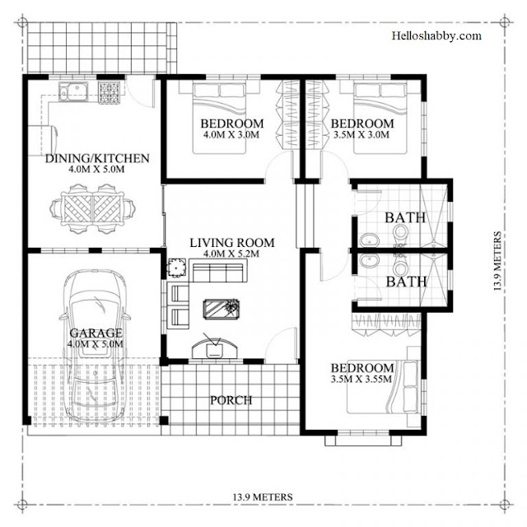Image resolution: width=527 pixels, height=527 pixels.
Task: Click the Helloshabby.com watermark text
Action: tap(436, 35)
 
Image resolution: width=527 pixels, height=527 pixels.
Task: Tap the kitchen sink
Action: tap(73, 91)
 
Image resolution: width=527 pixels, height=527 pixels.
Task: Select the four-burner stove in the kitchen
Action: tap(109, 92)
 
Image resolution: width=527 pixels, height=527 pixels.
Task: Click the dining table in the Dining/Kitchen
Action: tap(92, 208)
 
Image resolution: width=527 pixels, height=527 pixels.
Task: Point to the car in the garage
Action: tap(96, 346)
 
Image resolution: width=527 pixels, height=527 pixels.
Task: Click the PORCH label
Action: tap(231, 400)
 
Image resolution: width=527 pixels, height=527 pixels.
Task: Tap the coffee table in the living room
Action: tap(222, 309)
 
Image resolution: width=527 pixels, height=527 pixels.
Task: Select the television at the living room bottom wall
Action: tap(214, 348)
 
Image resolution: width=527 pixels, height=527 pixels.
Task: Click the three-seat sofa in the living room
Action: tap(217, 270)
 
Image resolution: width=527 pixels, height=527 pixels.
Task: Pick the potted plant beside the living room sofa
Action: tap(177, 268)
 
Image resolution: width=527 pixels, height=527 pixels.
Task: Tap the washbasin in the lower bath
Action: tap(370, 260)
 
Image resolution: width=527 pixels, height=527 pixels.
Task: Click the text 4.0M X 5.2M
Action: tap(231, 254)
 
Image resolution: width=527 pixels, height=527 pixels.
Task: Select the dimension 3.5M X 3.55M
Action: tap(361, 379)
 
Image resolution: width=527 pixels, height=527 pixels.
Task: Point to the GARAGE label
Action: tap(96, 333)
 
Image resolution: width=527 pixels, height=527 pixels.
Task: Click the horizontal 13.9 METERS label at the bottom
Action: tap(263, 497)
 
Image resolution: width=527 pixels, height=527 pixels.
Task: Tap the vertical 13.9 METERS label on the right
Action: tap(497, 261)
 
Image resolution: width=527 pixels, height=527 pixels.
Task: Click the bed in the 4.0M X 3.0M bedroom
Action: tap(220, 119)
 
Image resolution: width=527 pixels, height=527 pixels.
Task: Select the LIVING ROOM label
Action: tap(232, 243)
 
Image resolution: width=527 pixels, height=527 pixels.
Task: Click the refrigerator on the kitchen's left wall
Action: tap(42, 141)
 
